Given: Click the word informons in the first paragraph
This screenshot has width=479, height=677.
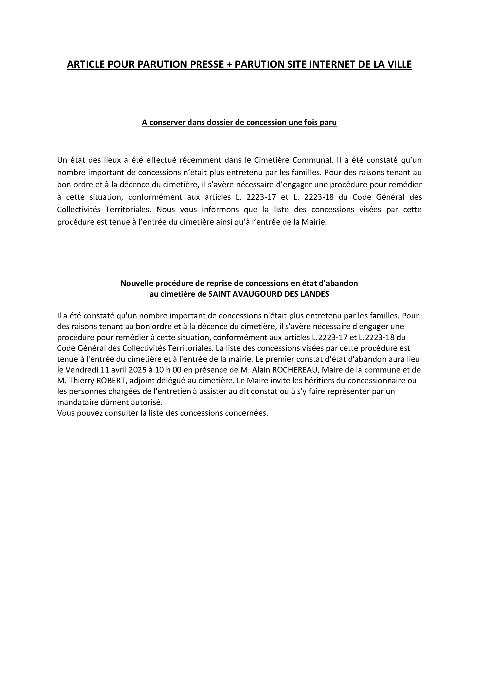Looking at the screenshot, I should [x=219, y=210].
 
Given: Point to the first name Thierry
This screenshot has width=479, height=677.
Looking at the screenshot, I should [x=81, y=381].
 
